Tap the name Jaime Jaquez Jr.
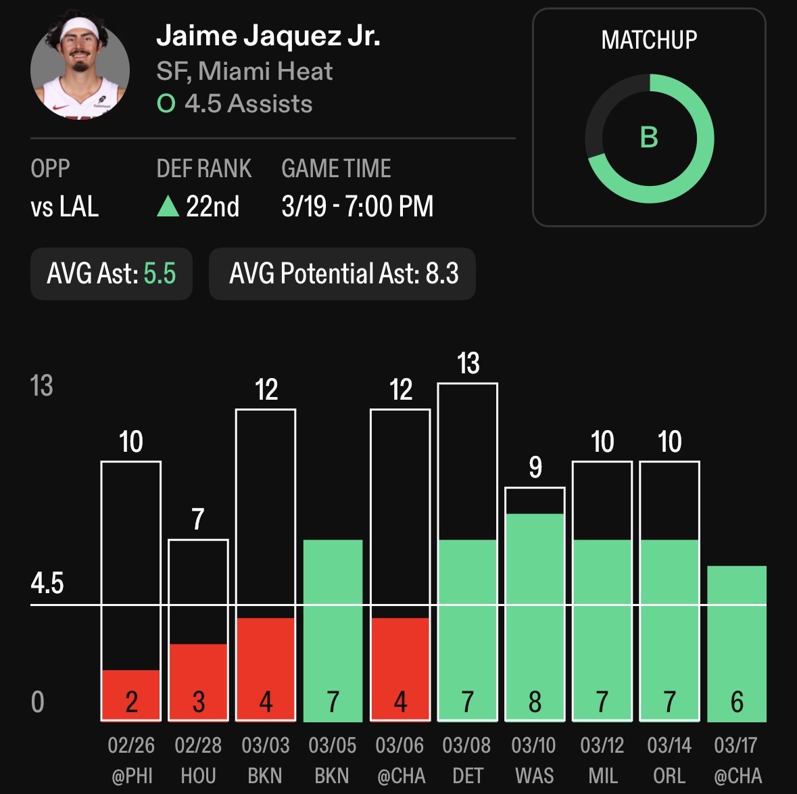268,35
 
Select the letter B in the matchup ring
649,137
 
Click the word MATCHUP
649,41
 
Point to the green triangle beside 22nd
168,206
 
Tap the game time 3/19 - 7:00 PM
357,206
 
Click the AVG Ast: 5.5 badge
112,274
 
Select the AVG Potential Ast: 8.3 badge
343,274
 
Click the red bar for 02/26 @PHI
131,695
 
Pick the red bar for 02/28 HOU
198,682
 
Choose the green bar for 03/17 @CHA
736,643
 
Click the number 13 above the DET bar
468,363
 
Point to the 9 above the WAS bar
535,467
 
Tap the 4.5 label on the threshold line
47,583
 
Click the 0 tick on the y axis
38,702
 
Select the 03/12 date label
602,745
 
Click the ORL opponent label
669,775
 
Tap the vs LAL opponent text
65,206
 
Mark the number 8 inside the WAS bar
535,702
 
